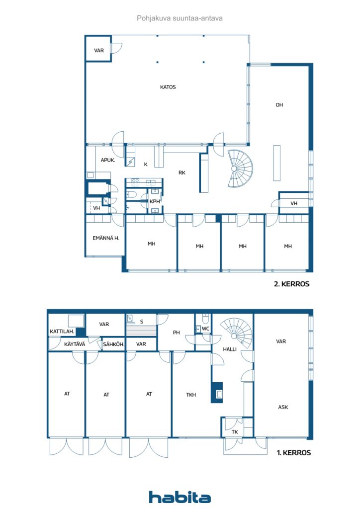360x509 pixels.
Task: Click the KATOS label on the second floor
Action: tap(168, 87)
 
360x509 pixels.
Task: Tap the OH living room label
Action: tap(279, 105)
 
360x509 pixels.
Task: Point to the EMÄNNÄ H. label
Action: tap(105, 238)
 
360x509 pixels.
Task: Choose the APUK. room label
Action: tap(108, 160)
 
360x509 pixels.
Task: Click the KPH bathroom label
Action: tap(155, 201)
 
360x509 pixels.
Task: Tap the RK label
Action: tap(182, 173)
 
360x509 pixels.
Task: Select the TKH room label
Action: tap(191, 395)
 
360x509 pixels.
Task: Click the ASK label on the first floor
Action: tap(283, 407)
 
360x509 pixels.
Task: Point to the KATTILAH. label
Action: tap(62, 332)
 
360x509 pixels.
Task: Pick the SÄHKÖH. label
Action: tap(113, 344)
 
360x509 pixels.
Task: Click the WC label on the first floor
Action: tap(205, 329)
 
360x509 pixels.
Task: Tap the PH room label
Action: tap(176, 333)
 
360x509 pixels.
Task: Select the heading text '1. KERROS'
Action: tap(294, 453)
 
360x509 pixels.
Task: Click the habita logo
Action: tap(180, 497)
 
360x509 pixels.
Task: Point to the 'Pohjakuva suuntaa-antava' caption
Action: tap(180, 18)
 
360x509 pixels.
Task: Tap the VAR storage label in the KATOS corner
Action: tap(99, 50)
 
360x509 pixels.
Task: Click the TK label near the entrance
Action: tap(235, 432)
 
